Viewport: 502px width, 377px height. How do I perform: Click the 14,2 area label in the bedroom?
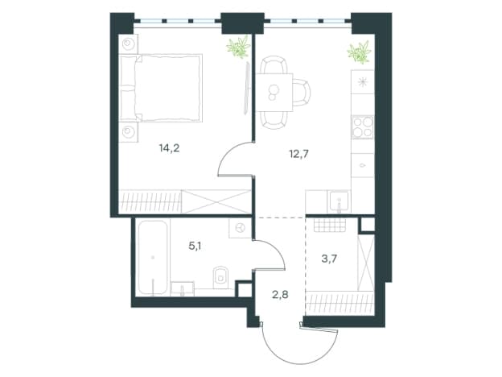pyautogui.click(x=169, y=148)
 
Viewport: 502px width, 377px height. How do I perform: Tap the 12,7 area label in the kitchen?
pyautogui.click(x=298, y=154)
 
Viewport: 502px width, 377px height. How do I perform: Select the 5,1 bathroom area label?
pyautogui.click(x=195, y=246)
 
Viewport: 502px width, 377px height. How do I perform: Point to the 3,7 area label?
pyautogui.click(x=329, y=259)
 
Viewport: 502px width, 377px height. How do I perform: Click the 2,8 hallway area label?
pyautogui.click(x=280, y=294)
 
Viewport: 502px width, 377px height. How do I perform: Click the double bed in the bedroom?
pyautogui.click(x=160, y=88)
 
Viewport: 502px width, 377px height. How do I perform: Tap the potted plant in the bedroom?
pyautogui.click(x=238, y=47)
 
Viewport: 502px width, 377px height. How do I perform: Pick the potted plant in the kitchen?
pyautogui.click(x=360, y=52)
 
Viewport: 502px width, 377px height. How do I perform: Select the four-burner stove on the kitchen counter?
pyautogui.click(x=363, y=127)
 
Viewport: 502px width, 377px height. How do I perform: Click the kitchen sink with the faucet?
pyautogui.click(x=339, y=201)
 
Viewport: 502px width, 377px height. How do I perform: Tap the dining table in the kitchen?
pyautogui.click(x=274, y=93)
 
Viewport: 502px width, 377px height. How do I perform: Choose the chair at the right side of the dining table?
pyautogui.click(x=302, y=93)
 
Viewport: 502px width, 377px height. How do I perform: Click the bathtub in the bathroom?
pyautogui.click(x=153, y=258)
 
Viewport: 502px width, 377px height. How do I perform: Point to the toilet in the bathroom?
pyautogui.click(x=220, y=275)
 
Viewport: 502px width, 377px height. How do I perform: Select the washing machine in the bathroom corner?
pyautogui.click(x=240, y=228)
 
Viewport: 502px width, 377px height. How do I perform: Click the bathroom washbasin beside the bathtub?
pyautogui.click(x=182, y=289)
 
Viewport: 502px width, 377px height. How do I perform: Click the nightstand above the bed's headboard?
pyautogui.click(x=129, y=44)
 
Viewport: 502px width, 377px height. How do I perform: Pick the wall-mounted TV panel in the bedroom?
pyautogui.click(x=246, y=88)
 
